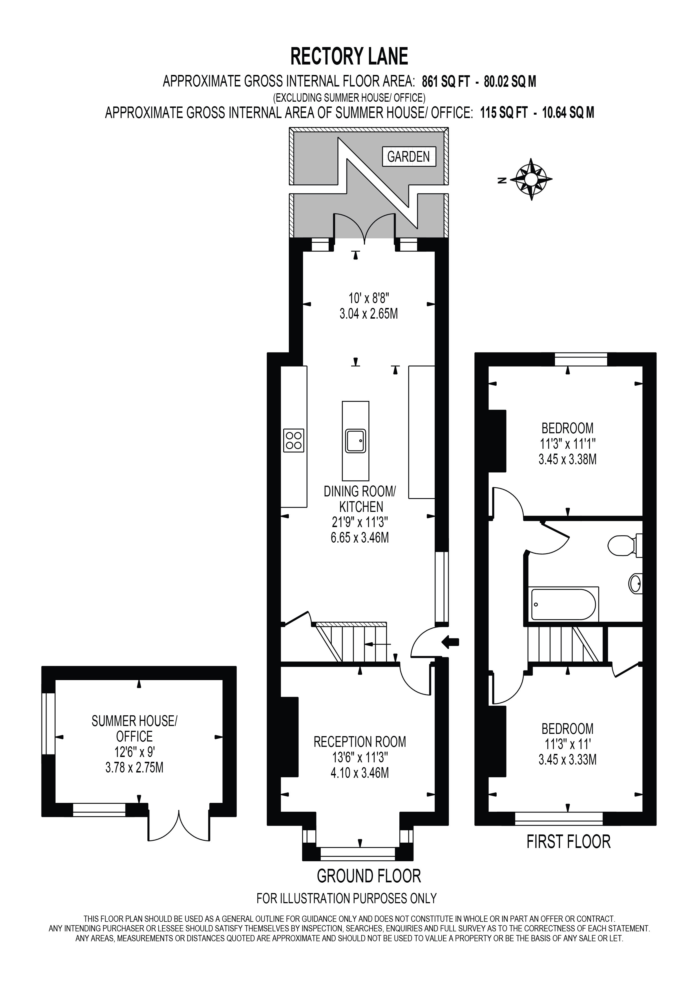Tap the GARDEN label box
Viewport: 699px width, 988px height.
click(x=408, y=157)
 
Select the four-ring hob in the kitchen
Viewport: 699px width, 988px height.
click(x=293, y=440)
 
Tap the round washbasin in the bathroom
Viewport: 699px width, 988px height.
click(x=636, y=583)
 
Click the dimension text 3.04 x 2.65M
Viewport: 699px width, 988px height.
click(x=369, y=314)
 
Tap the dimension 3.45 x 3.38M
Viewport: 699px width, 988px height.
click(x=567, y=459)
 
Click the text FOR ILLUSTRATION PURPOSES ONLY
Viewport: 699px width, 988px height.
click(x=346, y=898)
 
